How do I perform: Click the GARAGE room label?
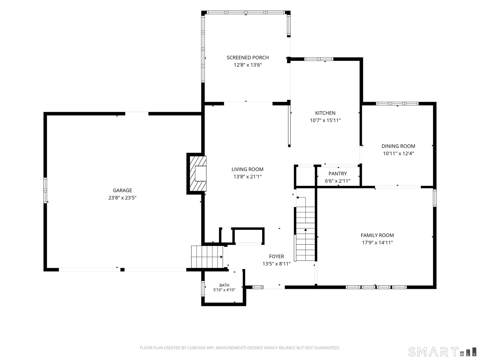tap(122, 190)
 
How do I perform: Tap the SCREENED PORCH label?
tap(247, 58)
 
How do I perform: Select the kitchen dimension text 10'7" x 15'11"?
tap(325, 120)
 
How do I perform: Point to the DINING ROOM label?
tap(398, 146)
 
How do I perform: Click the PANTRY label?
tap(337, 174)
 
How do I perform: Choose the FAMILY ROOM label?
tap(377, 235)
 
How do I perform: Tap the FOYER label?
tap(276, 256)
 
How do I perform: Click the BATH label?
tap(224, 285)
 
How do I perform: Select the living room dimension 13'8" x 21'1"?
tap(247, 177)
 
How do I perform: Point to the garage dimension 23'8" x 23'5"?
tap(122, 198)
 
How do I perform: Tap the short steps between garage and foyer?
tap(207, 257)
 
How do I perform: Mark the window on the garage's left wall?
tap(45, 190)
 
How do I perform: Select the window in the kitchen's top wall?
tap(319, 59)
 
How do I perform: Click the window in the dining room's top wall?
tap(397, 103)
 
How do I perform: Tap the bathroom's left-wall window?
tap(203, 288)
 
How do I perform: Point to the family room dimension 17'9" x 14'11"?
tap(377, 243)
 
